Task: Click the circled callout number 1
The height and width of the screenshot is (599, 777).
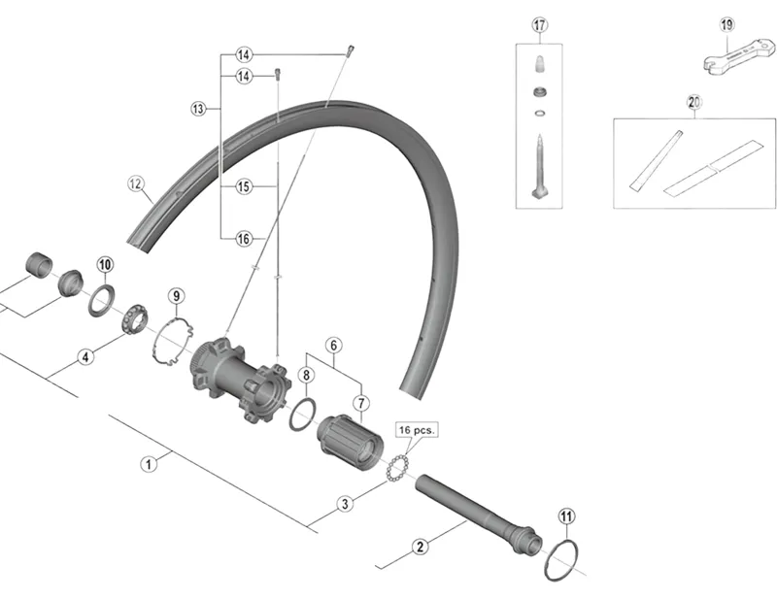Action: coord(149,464)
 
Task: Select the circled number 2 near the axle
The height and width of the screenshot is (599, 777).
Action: coord(421,547)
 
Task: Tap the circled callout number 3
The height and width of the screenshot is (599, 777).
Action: coord(344,504)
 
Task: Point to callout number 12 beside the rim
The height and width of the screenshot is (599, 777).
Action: coord(135,182)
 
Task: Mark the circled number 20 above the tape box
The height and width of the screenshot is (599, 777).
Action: coord(693,101)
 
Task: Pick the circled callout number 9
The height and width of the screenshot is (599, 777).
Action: coord(175,296)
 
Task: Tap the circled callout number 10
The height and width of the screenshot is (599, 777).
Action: coord(105,264)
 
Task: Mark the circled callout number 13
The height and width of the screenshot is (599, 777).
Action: coord(200,109)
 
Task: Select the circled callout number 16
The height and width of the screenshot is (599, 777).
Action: coord(243,237)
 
